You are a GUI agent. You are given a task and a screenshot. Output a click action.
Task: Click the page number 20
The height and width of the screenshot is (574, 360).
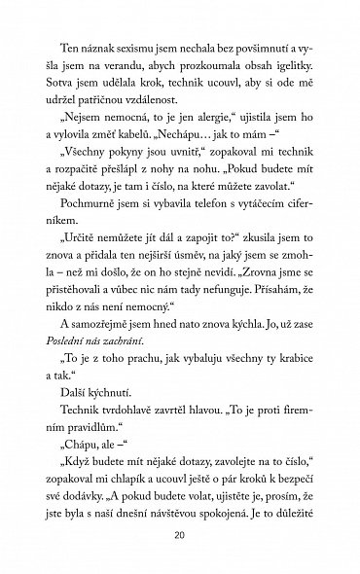180,534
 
